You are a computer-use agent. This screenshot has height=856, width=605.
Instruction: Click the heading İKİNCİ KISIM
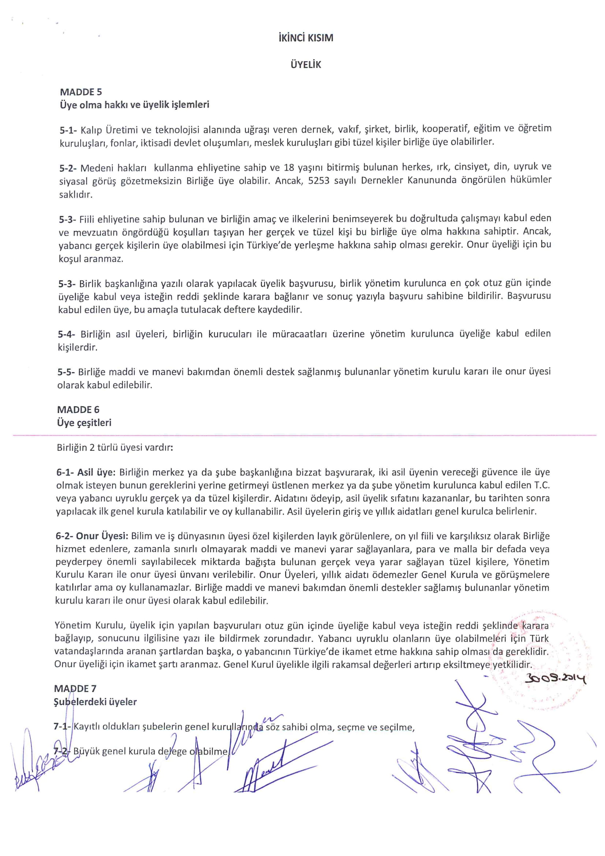coord(306,38)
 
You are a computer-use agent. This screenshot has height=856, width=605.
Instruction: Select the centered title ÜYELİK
coord(306,65)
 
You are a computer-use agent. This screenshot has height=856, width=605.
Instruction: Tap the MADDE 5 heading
coord(81,92)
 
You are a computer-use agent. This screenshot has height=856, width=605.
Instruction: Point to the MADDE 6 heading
coord(78,410)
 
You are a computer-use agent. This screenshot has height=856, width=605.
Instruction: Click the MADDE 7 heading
coord(75,688)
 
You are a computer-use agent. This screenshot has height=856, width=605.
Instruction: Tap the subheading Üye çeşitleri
coord(84,423)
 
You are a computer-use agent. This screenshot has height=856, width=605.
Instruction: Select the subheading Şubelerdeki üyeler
coord(96,702)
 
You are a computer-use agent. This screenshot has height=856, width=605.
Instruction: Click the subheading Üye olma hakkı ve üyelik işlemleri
coord(134,105)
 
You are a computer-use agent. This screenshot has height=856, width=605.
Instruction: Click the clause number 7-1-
coord(62,727)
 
